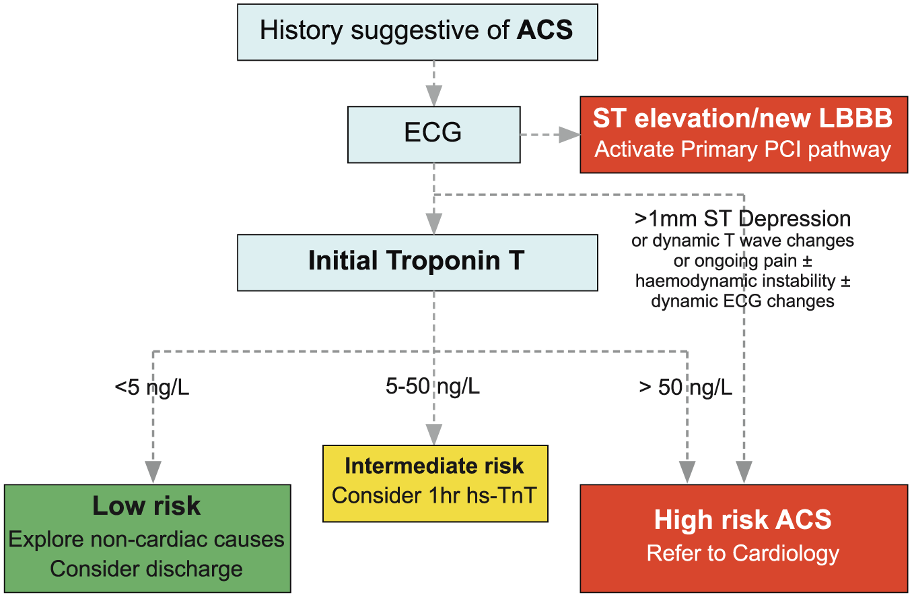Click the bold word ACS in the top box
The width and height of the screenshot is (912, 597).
pyautogui.click(x=545, y=30)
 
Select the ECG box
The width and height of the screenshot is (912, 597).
pyautogui.click(x=433, y=135)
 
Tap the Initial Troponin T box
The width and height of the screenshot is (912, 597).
pyautogui.click(x=417, y=262)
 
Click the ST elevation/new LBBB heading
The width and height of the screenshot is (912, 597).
pyautogui.click(x=742, y=118)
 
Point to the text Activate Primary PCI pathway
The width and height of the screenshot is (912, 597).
pyautogui.click(x=742, y=150)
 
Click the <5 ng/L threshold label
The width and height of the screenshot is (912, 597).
pyautogui.click(x=152, y=387)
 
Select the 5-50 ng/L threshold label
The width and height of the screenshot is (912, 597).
pyautogui.click(x=432, y=386)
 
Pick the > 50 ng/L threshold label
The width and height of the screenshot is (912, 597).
pyautogui.click(x=686, y=387)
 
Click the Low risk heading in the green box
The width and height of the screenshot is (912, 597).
pyautogui.click(x=147, y=506)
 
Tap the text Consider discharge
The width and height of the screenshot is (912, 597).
pyautogui.click(x=146, y=569)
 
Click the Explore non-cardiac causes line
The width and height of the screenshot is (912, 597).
pyautogui.click(x=146, y=539)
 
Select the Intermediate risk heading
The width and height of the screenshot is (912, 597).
pyautogui.click(x=434, y=466)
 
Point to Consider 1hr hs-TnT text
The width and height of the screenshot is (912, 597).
pyautogui.click(x=434, y=495)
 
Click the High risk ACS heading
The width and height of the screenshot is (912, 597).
pyautogui.click(x=742, y=520)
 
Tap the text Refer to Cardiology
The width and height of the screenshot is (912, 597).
pyautogui.click(x=742, y=553)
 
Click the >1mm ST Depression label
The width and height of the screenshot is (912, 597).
pyautogui.click(x=742, y=219)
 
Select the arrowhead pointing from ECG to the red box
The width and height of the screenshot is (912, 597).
pyautogui.click(x=569, y=135)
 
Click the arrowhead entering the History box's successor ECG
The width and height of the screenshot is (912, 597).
pyautogui.click(x=434, y=96)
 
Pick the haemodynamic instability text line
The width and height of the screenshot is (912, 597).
pyautogui.click(x=742, y=281)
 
